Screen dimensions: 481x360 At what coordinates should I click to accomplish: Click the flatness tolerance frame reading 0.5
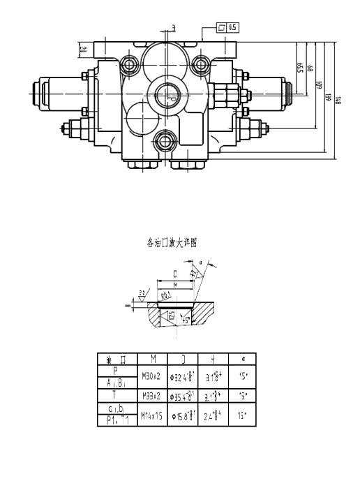pos(228,27)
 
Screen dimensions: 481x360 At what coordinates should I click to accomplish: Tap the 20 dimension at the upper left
pos(82,50)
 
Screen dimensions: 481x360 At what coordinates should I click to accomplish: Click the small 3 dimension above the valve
pos(173,28)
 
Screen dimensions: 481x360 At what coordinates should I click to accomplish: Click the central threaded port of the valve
pos(165,95)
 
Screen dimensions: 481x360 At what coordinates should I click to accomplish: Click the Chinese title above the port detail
pos(172,243)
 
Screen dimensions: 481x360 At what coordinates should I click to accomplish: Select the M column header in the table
pos(152,360)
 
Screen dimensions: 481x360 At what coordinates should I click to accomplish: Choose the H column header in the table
pos(211,360)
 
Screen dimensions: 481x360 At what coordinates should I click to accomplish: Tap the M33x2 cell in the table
pos(152,396)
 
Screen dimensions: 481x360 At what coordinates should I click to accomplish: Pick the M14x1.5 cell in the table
pos(152,415)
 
